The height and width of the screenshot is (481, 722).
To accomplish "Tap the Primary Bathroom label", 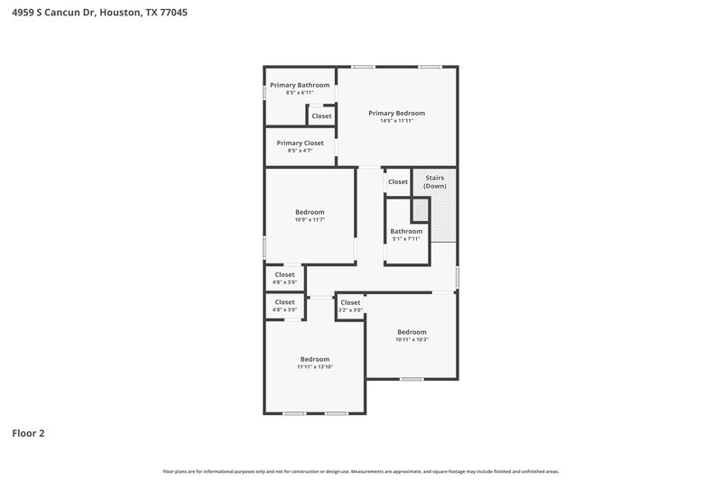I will point(300,85).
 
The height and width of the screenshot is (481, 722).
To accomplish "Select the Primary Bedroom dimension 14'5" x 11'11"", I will point(396,121).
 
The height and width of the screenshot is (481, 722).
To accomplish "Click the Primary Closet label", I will point(300,143).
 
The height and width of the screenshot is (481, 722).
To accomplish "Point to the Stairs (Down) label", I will point(435,181).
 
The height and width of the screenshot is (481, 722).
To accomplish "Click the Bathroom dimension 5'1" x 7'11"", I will point(406,239).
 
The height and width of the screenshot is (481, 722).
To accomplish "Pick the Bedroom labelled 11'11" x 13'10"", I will point(315,359).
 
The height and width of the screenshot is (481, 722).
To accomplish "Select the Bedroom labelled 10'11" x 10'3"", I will point(412,331).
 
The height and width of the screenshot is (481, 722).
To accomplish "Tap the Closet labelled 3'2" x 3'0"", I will point(350,306).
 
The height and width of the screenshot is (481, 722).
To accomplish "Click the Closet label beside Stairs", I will point(398,181).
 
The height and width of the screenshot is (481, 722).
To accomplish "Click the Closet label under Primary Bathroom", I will point(321,116).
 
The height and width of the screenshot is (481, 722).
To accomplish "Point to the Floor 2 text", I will point(28,433).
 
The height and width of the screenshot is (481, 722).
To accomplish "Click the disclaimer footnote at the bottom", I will point(360,471).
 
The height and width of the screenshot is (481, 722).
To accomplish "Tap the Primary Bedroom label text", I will point(396,113).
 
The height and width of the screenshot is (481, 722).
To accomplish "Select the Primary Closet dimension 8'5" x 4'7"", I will point(300,151).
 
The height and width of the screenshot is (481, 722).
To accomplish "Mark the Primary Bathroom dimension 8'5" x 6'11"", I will point(300,93).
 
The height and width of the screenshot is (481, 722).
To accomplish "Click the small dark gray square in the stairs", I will point(420,210).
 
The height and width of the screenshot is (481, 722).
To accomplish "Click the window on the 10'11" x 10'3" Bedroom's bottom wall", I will point(412,379).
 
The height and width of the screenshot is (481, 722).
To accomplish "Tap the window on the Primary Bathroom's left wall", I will point(264,91).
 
